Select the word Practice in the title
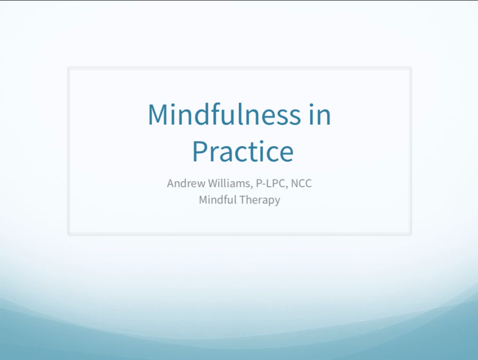[243, 151]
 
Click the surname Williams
[230, 183]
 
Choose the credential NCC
[301, 184]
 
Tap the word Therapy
[260, 200]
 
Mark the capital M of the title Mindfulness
[158, 114]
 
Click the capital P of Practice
[199, 151]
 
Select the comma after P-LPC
[286, 187]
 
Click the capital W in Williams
[215, 183]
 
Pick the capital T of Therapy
[243, 200]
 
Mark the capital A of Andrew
[171, 184]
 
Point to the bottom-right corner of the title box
[411, 234]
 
